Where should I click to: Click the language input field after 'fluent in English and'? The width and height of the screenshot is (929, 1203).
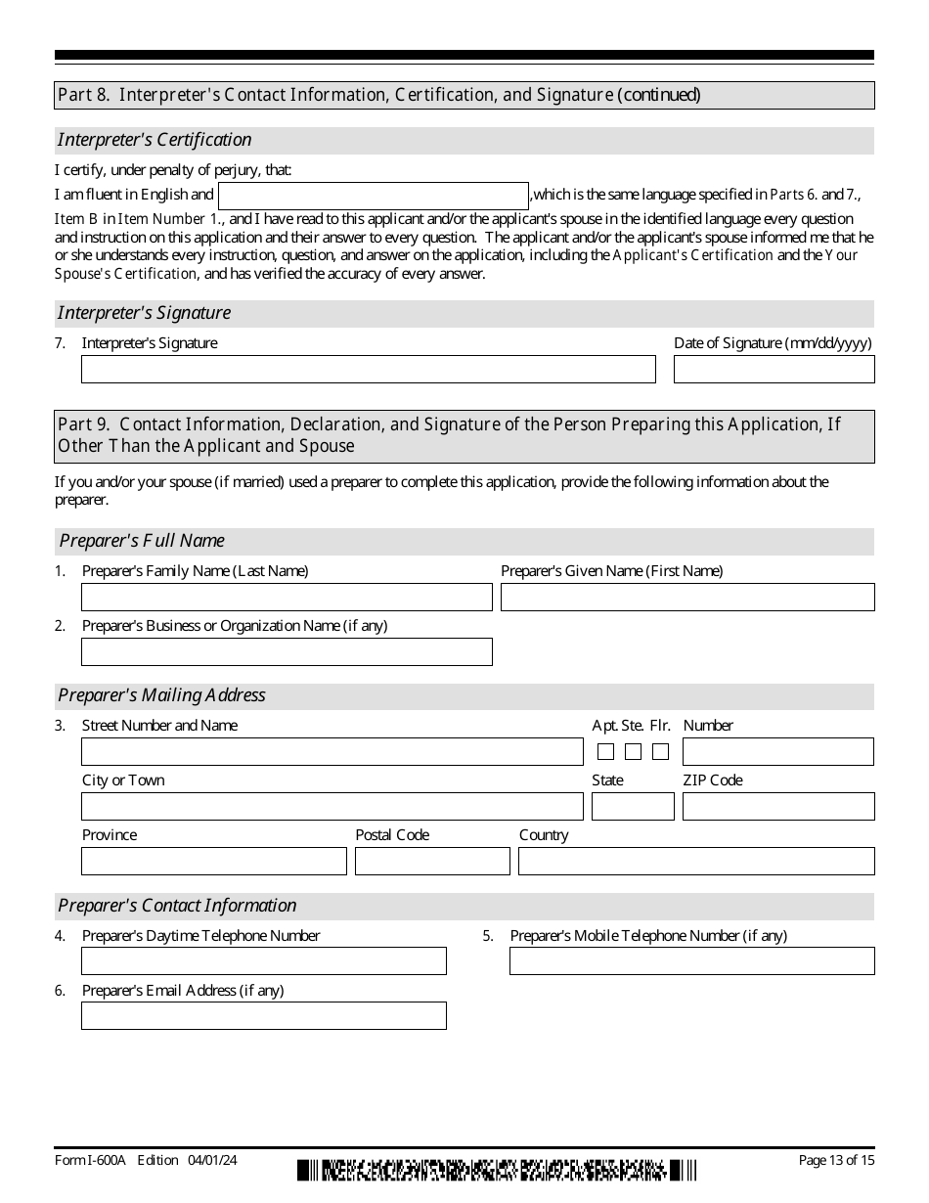tap(373, 196)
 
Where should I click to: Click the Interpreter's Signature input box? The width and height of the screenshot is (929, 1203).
tap(368, 369)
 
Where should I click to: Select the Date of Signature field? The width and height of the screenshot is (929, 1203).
tap(774, 369)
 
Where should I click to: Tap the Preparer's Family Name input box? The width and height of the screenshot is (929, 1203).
tap(287, 597)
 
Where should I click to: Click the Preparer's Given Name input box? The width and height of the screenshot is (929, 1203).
tap(687, 597)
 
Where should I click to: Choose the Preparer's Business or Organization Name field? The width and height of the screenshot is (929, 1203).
tap(287, 651)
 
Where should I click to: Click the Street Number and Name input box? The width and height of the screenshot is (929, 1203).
tap(332, 751)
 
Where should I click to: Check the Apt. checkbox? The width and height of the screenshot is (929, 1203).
tap(605, 752)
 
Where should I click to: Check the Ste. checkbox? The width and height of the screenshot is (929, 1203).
tap(633, 752)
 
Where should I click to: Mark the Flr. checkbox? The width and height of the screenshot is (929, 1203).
tap(660, 752)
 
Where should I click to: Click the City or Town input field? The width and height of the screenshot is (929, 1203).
tap(332, 806)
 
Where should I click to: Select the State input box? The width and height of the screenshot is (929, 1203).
tap(633, 806)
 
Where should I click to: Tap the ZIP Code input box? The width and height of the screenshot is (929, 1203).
tap(777, 806)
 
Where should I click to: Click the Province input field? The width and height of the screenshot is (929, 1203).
tap(214, 861)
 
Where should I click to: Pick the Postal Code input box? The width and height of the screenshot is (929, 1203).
tap(432, 861)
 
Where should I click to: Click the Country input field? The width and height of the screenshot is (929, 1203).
tap(696, 861)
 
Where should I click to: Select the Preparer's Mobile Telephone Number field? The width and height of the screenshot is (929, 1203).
tap(691, 960)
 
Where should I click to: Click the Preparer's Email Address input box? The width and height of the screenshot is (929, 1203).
tap(264, 1015)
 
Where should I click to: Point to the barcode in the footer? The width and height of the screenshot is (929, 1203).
tap(498, 1170)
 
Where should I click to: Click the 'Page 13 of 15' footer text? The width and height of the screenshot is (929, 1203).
tap(836, 1160)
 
